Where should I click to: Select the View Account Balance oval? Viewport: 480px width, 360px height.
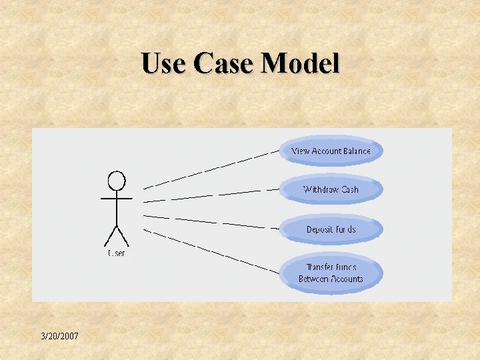(331, 151)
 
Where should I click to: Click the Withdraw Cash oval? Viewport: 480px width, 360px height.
(331, 190)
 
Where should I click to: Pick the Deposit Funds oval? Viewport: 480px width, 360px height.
(331, 229)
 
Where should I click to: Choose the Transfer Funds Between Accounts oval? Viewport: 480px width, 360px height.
(331, 273)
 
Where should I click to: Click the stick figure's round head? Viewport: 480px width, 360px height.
(117, 180)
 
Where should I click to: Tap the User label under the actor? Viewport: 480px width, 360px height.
(117, 253)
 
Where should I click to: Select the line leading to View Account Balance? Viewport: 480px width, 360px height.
(211, 169)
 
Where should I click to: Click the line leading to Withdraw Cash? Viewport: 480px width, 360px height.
(211, 195)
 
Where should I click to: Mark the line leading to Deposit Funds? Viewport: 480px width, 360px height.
(211, 222)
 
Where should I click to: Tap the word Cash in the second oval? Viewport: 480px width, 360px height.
(349, 190)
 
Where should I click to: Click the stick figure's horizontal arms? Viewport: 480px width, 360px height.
(117, 198)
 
